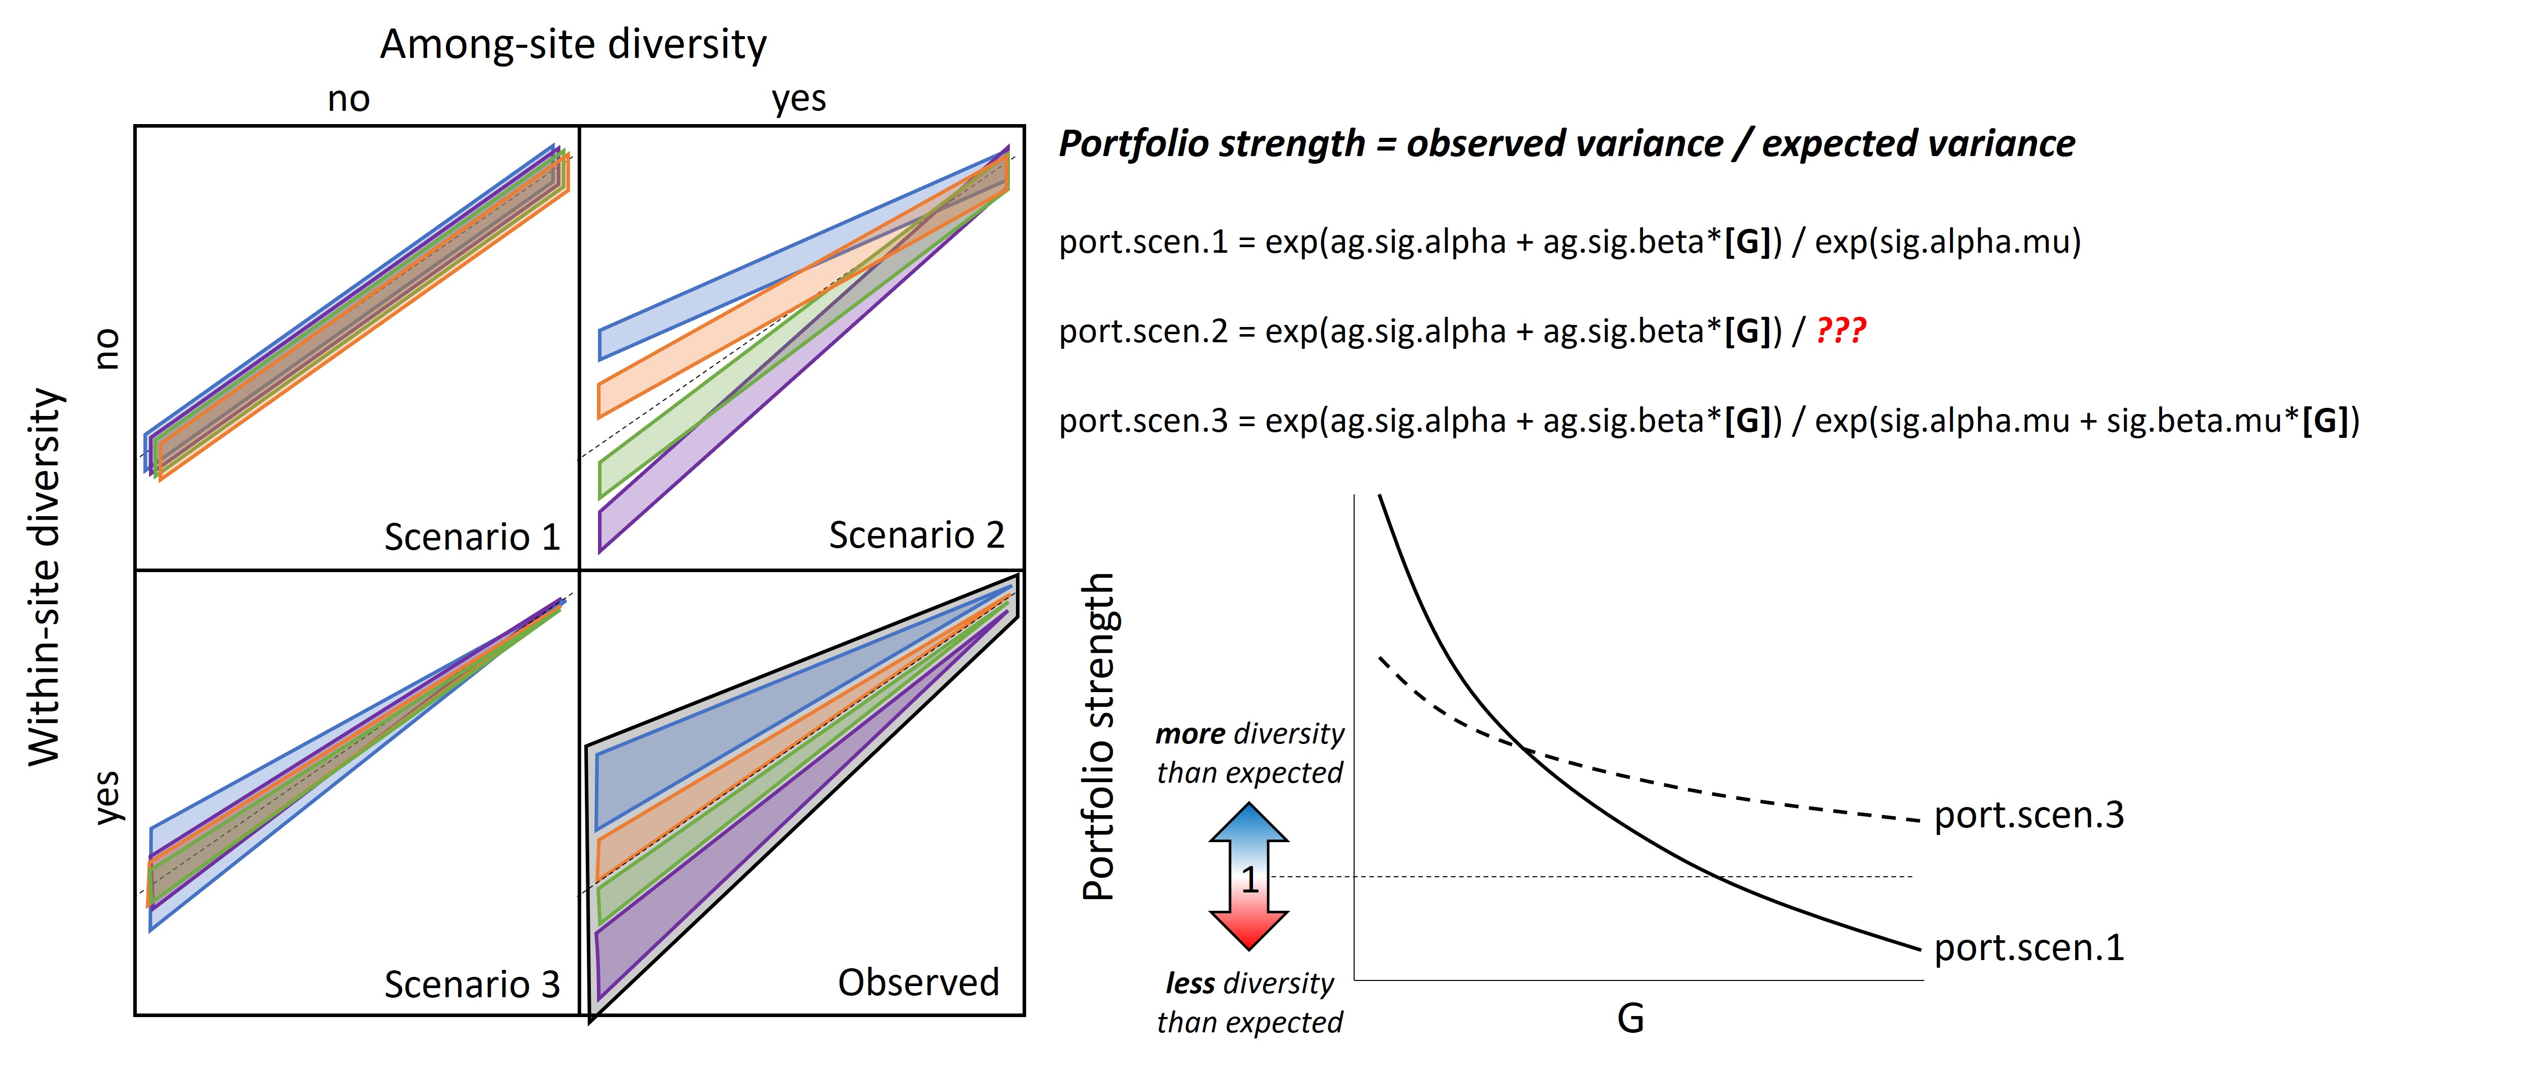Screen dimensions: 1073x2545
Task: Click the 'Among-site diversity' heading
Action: point(573,44)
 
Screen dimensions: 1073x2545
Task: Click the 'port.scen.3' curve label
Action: point(2028,815)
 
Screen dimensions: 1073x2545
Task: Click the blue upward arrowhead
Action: point(1249,822)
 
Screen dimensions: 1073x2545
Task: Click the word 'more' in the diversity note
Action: point(1190,734)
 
